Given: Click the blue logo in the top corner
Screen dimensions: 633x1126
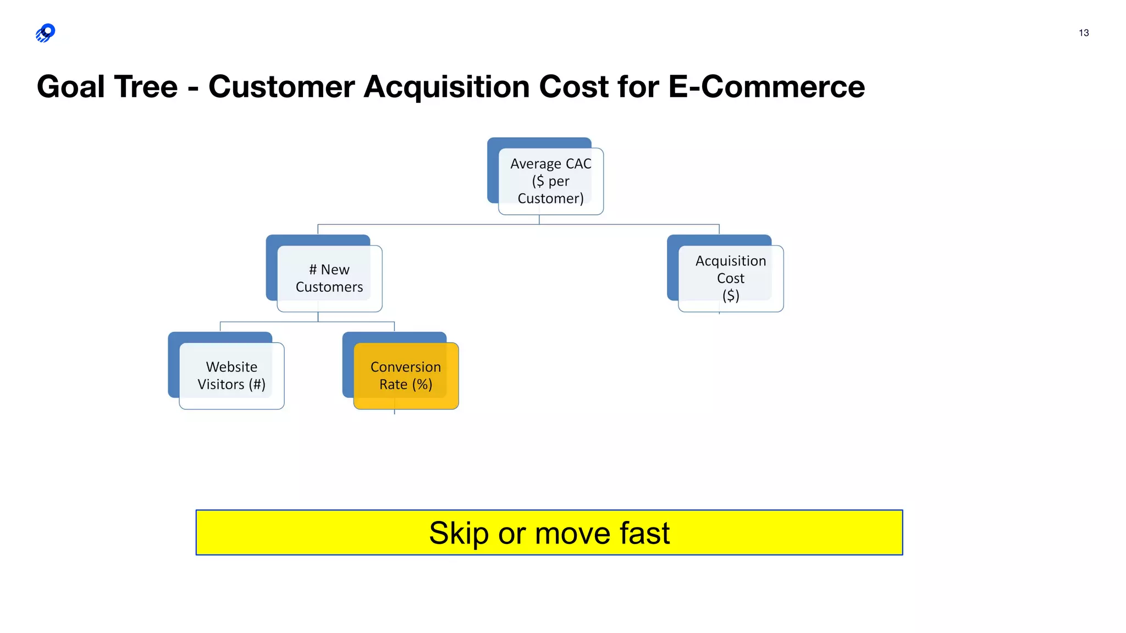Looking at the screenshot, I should point(46,33).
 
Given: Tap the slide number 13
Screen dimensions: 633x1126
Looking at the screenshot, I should point(1083,33).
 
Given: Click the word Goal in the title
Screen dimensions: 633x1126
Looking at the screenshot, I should point(70,87).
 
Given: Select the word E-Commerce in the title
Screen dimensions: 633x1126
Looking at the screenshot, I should point(766,87).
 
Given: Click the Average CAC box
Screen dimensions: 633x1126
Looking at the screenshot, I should point(550,181).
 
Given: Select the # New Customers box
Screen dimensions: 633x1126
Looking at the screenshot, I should point(329,278).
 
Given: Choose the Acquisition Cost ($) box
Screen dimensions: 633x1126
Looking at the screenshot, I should point(730,278).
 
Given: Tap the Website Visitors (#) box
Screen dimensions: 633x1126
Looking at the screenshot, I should point(231,375).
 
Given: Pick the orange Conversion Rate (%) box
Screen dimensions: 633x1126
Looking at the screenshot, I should point(406,375).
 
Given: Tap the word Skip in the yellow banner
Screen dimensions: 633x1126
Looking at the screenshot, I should point(459,533).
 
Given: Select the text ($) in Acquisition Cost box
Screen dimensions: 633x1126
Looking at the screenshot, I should point(730,296).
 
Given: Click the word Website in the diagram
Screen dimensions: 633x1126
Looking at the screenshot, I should point(231,367).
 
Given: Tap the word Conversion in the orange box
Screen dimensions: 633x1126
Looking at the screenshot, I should point(406,367).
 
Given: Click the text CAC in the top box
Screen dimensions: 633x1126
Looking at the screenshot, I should point(578,164).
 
